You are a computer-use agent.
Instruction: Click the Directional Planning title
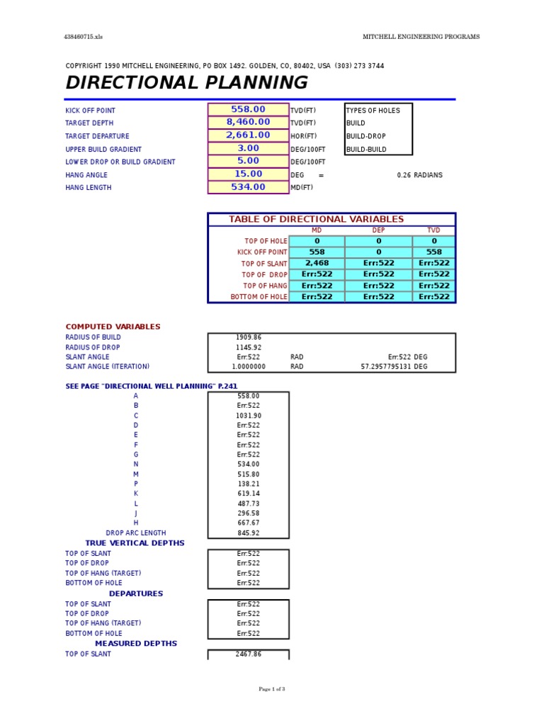click(186, 83)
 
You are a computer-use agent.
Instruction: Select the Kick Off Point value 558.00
click(248, 110)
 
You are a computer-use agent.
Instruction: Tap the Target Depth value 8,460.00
click(248, 123)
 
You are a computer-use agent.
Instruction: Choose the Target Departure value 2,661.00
click(248, 135)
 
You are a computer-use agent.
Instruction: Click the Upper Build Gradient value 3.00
click(248, 149)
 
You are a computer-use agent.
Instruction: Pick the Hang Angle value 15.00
click(248, 174)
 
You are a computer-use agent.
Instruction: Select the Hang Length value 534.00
click(248, 188)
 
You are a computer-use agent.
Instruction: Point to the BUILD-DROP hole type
click(365, 136)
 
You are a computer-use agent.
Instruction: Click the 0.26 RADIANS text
click(419, 175)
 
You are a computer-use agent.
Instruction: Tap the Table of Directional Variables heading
click(316, 220)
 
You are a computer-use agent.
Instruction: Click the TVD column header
click(433, 230)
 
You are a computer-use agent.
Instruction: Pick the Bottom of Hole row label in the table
click(259, 297)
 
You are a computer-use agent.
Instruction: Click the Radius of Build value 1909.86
click(248, 337)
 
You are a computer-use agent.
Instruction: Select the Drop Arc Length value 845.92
click(248, 533)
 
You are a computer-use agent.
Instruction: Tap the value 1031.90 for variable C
click(248, 415)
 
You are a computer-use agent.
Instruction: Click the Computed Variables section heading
click(113, 327)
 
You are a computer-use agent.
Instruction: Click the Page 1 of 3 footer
click(272, 689)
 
